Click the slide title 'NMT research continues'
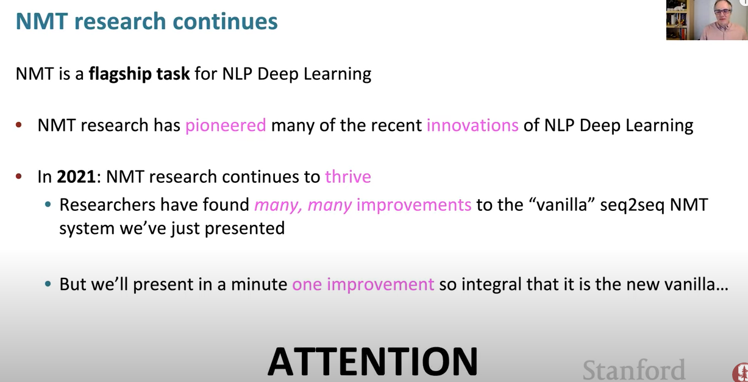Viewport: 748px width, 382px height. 146,21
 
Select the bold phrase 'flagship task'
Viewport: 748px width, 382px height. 139,74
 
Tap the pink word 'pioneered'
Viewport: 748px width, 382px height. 226,126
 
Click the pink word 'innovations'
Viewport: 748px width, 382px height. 472,125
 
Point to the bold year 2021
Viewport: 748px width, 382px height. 76,177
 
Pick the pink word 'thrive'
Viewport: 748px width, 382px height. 348,176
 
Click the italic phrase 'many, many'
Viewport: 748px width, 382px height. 303,205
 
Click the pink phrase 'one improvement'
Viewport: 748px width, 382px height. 363,285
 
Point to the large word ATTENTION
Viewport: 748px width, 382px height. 372,361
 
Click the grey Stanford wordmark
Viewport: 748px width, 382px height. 634,370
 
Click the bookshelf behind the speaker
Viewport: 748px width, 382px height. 677,20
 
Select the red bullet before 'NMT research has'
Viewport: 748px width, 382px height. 19,125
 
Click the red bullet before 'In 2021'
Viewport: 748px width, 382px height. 19,176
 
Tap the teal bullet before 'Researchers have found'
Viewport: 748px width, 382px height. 48,205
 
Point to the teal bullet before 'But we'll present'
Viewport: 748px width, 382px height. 48,284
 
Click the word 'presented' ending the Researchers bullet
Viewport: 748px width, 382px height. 244,229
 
